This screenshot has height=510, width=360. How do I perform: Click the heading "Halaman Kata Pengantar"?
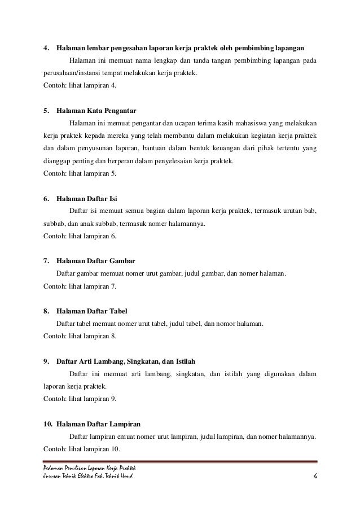coord(96,110)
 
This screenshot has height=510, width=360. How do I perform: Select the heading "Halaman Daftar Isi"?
coord(87,199)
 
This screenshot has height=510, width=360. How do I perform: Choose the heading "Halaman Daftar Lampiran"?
coord(99,424)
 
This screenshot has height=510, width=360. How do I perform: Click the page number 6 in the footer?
coord(315,479)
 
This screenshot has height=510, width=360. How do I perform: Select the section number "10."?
coord(49,424)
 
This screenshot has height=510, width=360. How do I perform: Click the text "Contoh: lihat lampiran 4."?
coord(80,85)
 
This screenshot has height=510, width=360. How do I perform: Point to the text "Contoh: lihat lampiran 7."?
coord(80,287)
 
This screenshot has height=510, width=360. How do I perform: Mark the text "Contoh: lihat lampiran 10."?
coord(82,449)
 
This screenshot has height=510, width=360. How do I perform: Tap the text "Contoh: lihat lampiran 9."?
coord(80,399)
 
